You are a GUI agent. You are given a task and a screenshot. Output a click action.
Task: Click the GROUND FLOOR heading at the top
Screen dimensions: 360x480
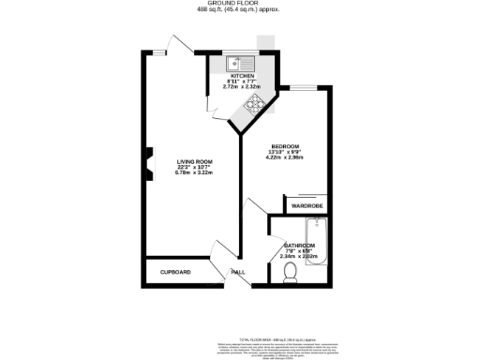tap(240, 4)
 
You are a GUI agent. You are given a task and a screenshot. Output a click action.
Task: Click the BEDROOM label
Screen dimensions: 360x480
tap(285, 146)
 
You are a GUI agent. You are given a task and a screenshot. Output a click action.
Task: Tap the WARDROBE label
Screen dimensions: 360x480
tap(307, 205)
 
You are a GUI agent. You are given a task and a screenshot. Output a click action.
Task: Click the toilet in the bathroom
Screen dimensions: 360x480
tap(291, 273)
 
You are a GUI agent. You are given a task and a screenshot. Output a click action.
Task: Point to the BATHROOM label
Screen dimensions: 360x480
tap(301, 246)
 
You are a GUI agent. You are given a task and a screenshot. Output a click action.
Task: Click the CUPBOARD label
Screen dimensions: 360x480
tap(175, 272)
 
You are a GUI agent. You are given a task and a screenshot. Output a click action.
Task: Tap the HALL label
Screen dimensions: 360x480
tap(238, 273)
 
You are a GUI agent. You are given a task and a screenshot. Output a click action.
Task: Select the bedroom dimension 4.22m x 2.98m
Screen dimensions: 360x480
tap(285, 157)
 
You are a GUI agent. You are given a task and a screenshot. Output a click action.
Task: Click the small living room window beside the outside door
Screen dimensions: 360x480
tap(161, 53)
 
